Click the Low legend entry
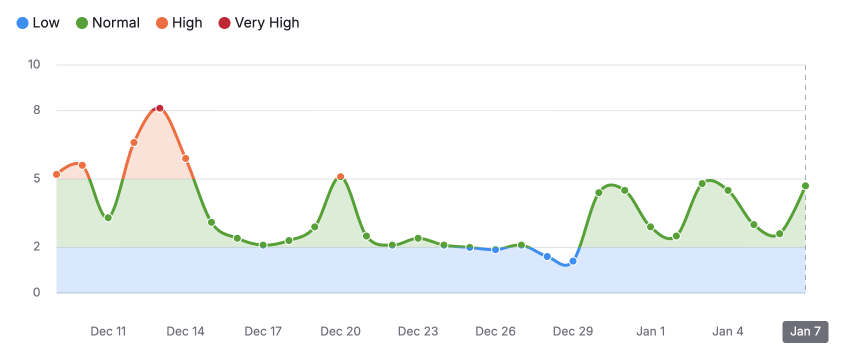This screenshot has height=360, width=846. pyautogui.click(x=38, y=23)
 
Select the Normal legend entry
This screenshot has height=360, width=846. pyautogui.click(x=108, y=23)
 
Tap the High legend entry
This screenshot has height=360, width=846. pyautogui.click(x=179, y=23)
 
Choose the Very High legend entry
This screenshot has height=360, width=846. pyautogui.click(x=259, y=23)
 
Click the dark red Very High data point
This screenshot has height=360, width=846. pyautogui.click(x=159, y=108)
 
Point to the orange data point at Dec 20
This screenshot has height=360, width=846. pyautogui.click(x=340, y=176)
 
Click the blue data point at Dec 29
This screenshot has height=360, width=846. pyautogui.click(x=573, y=261)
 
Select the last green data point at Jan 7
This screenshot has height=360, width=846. pyautogui.click(x=805, y=186)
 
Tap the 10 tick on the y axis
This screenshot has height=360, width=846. pyautogui.click(x=34, y=64)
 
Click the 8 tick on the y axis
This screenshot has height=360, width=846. pyautogui.click(x=36, y=110)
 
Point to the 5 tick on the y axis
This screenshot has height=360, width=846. pyautogui.click(x=36, y=178)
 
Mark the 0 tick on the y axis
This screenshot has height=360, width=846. pyautogui.click(x=36, y=292)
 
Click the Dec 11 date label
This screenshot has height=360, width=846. pyautogui.click(x=108, y=331)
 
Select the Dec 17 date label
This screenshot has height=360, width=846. pyautogui.click(x=263, y=331)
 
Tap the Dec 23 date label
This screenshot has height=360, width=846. pyautogui.click(x=418, y=331)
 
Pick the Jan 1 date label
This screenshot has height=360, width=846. pyautogui.click(x=650, y=331)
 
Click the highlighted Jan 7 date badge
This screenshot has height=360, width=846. pyautogui.click(x=805, y=331)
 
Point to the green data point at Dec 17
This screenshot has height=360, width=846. pyautogui.click(x=263, y=245)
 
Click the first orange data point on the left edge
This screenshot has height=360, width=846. pyautogui.click(x=56, y=174)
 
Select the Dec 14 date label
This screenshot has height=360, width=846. pyautogui.click(x=185, y=331)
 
